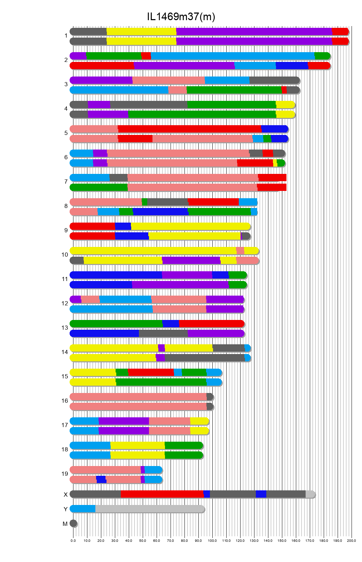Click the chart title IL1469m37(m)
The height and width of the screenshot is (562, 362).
tap(181, 16)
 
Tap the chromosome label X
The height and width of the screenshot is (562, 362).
tap(65, 495)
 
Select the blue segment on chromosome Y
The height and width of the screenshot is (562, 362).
tap(83, 509)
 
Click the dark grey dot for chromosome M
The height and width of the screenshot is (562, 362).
tap(73, 523)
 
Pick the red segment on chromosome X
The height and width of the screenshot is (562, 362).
tap(162, 494)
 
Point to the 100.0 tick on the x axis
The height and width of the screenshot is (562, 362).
tap(212, 540)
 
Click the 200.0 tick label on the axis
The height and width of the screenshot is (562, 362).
tap(352, 540)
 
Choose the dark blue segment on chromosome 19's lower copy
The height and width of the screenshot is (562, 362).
tap(101, 480)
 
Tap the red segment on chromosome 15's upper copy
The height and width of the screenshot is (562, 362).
tap(151, 372)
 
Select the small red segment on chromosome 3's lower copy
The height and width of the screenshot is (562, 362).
tap(284, 90)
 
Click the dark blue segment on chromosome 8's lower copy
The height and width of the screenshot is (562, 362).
tap(160, 212)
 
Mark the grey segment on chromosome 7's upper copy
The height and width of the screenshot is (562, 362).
tap(118, 178)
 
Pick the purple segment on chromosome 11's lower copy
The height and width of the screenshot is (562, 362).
tap(180, 285)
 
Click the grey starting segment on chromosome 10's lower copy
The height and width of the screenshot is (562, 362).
tap(77, 260)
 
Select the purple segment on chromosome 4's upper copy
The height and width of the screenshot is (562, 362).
tap(99, 105)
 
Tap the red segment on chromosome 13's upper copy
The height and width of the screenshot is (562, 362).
tap(211, 324)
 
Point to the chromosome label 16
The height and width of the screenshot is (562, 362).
tap(65, 401)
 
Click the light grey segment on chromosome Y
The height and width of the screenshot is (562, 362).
tap(150, 509)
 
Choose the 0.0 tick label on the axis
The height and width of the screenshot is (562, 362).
tap(73, 540)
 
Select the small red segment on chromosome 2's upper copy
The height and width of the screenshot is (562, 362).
tap(146, 56)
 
